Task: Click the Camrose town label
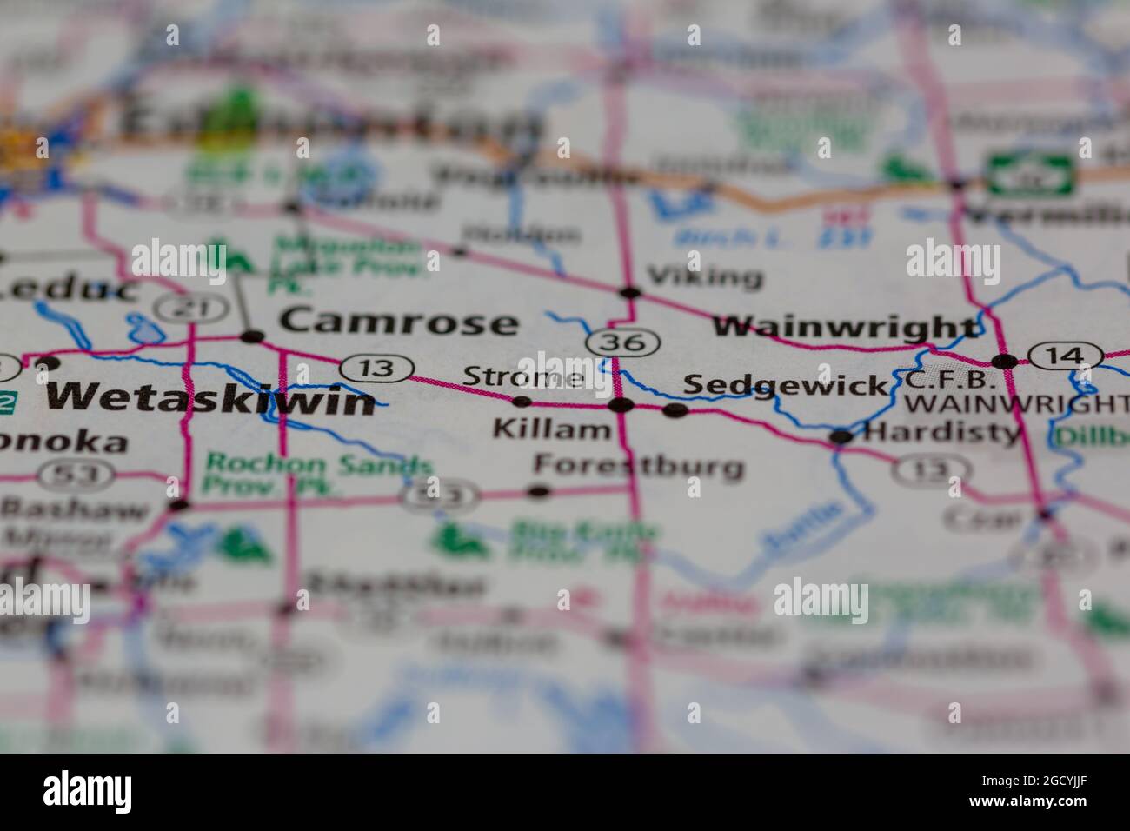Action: (x=398, y=322)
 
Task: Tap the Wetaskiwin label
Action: (x=211, y=398)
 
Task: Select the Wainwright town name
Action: (x=844, y=328)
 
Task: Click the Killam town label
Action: (x=551, y=429)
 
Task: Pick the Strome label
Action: (x=522, y=377)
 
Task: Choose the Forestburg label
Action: (x=639, y=466)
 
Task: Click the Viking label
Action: (x=706, y=277)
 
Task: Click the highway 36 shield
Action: (x=621, y=342)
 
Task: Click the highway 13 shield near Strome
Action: (x=376, y=369)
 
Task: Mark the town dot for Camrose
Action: (x=252, y=336)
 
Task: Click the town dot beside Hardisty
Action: (x=841, y=436)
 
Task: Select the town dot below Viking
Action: (x=630, y=292)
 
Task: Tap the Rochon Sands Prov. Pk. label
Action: (x=317, y=475)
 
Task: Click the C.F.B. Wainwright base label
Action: (x=1012, y=392)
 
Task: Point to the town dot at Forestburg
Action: (x=539, y=491)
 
